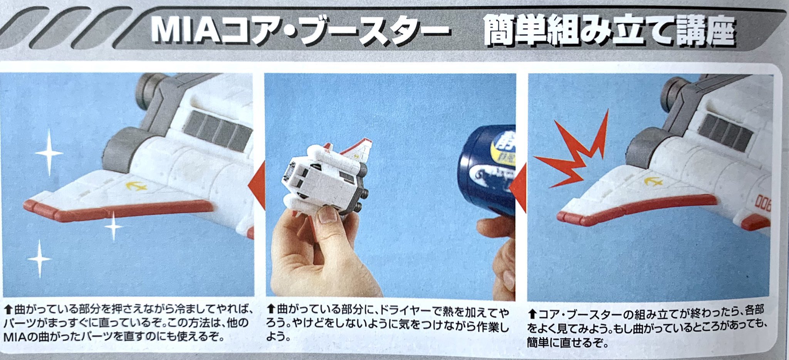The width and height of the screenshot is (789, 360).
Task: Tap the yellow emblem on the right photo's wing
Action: [x=653, y=180]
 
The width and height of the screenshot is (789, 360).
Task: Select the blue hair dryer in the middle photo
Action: [x=487, y=170]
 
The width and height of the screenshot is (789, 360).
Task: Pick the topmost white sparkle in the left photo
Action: [x=49, y=153]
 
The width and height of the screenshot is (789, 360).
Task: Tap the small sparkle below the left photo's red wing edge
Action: [x=114, y=226]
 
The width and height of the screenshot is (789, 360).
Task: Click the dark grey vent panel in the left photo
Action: [x=218, y=130]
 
